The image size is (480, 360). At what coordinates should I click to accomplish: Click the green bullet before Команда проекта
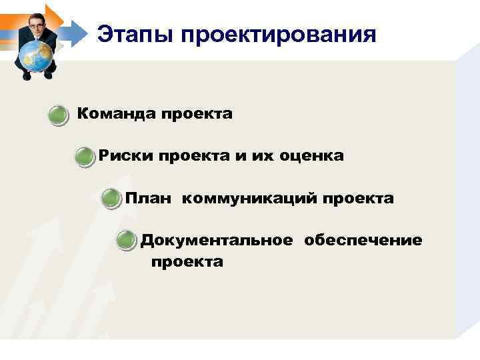pos(59,115)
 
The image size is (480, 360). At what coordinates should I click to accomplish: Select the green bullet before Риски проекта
pos(85,157)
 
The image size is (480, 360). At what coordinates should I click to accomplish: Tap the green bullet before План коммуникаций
pos(111,199)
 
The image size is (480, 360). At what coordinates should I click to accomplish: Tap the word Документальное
pos(216,240)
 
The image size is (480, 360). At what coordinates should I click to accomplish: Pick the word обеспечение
pos(363,240)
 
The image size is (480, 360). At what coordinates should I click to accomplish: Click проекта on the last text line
pos(187,262)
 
